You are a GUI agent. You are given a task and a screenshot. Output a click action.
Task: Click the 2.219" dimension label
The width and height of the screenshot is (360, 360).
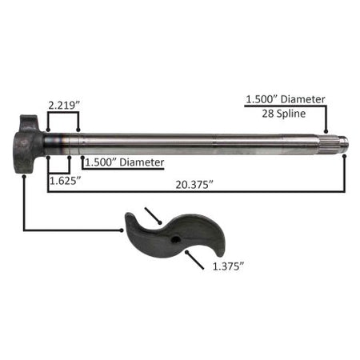[64, 106]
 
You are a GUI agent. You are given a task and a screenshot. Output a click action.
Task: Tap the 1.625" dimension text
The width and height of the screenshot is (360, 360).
[66, 181]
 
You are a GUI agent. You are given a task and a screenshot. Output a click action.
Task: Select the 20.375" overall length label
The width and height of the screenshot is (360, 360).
[194, 184]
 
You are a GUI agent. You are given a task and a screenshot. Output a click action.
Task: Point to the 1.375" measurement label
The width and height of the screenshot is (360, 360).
[228, 266]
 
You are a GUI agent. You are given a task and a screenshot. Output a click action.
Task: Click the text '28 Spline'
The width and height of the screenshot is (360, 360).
[284, 114]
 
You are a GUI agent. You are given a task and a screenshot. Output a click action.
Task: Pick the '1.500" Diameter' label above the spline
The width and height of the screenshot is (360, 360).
[286, 99]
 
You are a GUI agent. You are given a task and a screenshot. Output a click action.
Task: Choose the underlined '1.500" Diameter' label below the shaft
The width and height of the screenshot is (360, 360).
[125, 162]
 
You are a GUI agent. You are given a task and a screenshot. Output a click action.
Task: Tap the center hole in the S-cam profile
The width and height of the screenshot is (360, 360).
[175, 239]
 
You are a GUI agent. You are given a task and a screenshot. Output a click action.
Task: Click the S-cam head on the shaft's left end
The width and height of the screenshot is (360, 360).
[28, 144]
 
